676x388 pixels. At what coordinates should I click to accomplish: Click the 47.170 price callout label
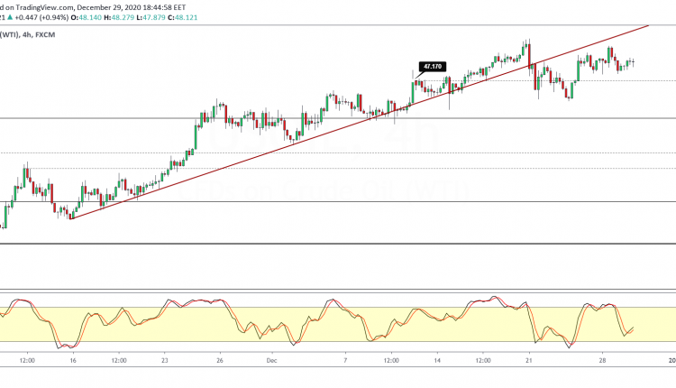tap(433, 66)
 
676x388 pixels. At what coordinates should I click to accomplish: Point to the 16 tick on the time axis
tap(72, 359)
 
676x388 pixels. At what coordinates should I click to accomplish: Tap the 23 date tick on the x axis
tap(166, 359)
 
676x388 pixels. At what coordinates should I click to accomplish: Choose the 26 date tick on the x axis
tap(221, 359)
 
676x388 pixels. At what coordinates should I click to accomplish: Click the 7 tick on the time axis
tap(346, 359)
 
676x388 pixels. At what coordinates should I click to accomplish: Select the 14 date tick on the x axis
tap(438, 359)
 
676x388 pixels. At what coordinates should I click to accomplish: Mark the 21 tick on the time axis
tap(530, 359)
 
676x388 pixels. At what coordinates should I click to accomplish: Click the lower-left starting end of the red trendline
tap(69, 218)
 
